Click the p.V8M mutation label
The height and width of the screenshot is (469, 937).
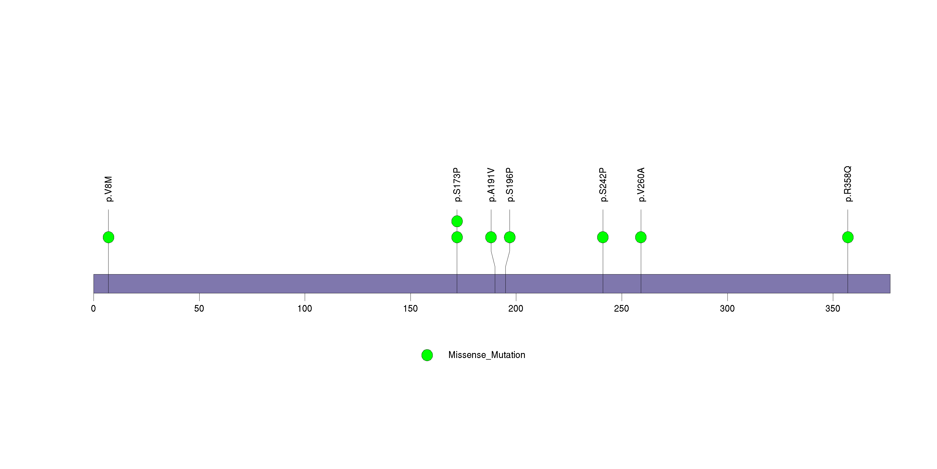tap(109, 189)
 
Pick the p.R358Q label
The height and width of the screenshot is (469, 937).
tap(848, 184)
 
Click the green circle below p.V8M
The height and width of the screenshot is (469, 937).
tap(109, 237)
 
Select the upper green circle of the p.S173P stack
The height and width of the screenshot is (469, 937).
tap(457, 221)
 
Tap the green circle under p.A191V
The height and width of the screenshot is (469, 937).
tap(491, 237)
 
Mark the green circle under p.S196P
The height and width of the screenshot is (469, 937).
tap(510, 237)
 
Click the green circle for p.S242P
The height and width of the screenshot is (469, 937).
tap(603, 237)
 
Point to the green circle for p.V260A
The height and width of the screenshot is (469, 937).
tap(641, 237)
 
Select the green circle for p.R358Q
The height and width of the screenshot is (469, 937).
tap(848, 237)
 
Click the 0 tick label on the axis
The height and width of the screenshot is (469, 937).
tap(94, 309)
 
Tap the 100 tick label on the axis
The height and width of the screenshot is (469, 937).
tap(305, 309)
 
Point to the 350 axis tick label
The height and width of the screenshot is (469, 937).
tap(833, 309)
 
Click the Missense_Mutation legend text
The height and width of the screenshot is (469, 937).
tap(487, 355)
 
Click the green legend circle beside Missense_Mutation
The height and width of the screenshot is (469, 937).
tap(427, 355)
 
